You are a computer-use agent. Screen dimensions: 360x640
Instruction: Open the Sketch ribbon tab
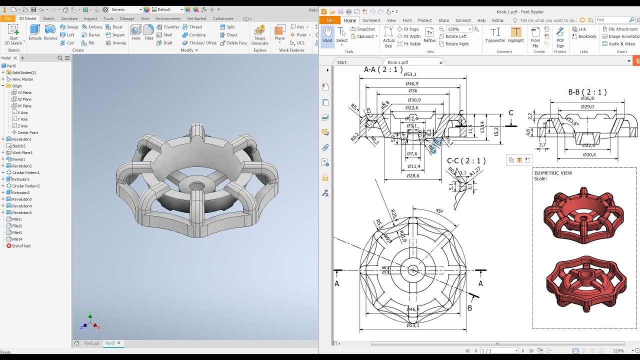tap(48, 18)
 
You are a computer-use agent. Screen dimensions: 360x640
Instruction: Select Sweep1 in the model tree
tap(18, 159)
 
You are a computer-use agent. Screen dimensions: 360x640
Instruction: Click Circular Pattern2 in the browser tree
tap(25, 186)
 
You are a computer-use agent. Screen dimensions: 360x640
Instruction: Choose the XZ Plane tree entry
tap(24, 99)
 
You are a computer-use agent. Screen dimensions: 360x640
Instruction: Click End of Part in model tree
tap(21, 246)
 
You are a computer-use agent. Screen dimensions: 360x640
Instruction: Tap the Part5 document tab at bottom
tap(110, 343)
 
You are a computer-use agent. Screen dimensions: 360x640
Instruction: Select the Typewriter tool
tap(495, 34)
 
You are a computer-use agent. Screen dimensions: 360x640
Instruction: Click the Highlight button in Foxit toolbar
tap(516, 34)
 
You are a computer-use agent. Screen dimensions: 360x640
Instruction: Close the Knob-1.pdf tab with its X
tap(440, 62)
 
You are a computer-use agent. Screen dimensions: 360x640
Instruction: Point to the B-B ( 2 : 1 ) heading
tap(587, 92)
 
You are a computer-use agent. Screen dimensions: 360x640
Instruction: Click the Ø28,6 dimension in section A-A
tap(412, 176)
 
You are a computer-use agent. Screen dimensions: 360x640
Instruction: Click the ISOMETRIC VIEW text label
tap(553, 173)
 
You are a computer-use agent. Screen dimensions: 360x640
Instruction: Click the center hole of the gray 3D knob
tap(196, 186)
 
